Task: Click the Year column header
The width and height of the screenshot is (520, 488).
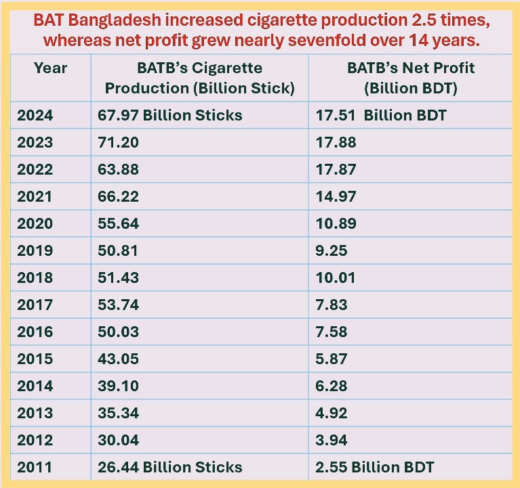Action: [51, 68]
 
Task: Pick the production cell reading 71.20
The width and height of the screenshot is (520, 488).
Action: [119, 142]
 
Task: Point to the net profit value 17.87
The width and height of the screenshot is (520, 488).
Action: [336, 169]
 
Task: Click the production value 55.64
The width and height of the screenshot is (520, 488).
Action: [119, 223]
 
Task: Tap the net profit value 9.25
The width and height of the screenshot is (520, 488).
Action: [332, 250]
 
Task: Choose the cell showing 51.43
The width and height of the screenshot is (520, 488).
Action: [119, 278]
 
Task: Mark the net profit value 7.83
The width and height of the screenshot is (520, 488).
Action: [332, 305]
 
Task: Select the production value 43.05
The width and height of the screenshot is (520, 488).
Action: [119, 359]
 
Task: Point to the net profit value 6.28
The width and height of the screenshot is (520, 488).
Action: [332, 386]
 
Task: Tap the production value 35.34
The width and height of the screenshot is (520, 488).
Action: [119, 413]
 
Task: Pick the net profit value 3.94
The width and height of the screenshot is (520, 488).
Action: [332, 440]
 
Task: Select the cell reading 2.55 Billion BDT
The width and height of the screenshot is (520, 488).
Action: [375, 467]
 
